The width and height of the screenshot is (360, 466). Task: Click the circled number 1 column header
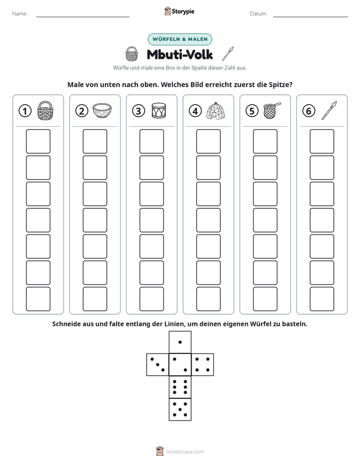pos(25,111)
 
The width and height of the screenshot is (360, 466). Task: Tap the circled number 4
pos(195,111)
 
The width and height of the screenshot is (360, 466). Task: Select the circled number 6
pos(309,111)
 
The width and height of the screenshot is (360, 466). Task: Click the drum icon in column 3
pos(159,110)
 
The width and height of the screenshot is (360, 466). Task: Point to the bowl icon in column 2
pos(102,110)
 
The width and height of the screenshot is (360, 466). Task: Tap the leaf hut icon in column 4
pos(215,110)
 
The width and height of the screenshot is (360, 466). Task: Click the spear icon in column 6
pos(329,110)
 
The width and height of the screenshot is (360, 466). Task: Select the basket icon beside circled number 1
pos(45,110)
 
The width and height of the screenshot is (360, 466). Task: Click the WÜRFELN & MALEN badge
pos(180,39)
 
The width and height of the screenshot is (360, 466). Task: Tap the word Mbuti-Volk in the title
pos(180,54)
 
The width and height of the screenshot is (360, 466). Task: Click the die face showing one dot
pos(180,342)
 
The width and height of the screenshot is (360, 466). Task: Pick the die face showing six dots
pos(180,387)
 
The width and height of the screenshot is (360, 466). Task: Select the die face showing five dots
pos(180,410)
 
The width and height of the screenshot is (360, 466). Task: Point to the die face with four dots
pos(203,365)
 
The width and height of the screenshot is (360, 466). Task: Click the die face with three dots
pos(158,365)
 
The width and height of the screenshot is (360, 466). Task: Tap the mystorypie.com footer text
pos(185,452)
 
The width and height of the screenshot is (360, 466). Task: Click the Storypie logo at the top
pos(179,12)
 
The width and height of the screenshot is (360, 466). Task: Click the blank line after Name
pos(83,17)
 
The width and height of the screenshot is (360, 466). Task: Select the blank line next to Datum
pos(311,17)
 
